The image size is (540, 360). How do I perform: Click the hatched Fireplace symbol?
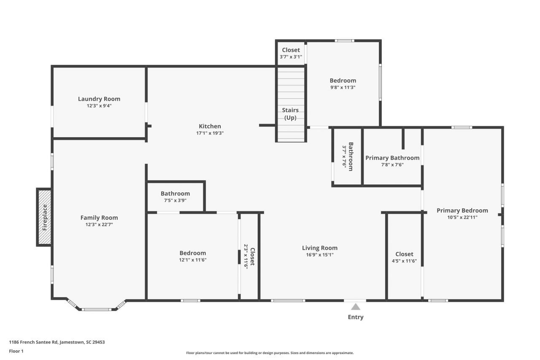coord(44,217)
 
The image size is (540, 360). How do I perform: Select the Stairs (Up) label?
coord(290,114)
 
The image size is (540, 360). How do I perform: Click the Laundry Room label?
coord(99,99)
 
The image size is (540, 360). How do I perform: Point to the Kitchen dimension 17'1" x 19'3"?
coord(210,133)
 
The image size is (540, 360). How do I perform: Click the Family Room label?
coord(99,218)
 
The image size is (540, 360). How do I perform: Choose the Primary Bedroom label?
coord(462,211)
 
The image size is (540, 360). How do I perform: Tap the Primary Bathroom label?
coord(392,158)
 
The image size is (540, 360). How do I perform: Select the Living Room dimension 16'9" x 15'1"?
coord(320,255)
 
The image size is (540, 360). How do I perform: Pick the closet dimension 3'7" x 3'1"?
coord(291,57)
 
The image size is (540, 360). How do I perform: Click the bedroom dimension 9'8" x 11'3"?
coord(343,87)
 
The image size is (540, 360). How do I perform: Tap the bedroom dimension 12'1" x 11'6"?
coord(193,260)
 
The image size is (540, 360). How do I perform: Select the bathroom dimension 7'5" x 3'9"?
coord(175,200)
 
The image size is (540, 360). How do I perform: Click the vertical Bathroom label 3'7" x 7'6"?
coord(348,157)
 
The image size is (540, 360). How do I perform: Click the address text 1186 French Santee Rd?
coord(57,342)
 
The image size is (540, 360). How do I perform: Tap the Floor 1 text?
coord(16,351)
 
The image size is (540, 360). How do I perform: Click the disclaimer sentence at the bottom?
coord(270,353)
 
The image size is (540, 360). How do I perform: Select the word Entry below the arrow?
coord(356,317)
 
